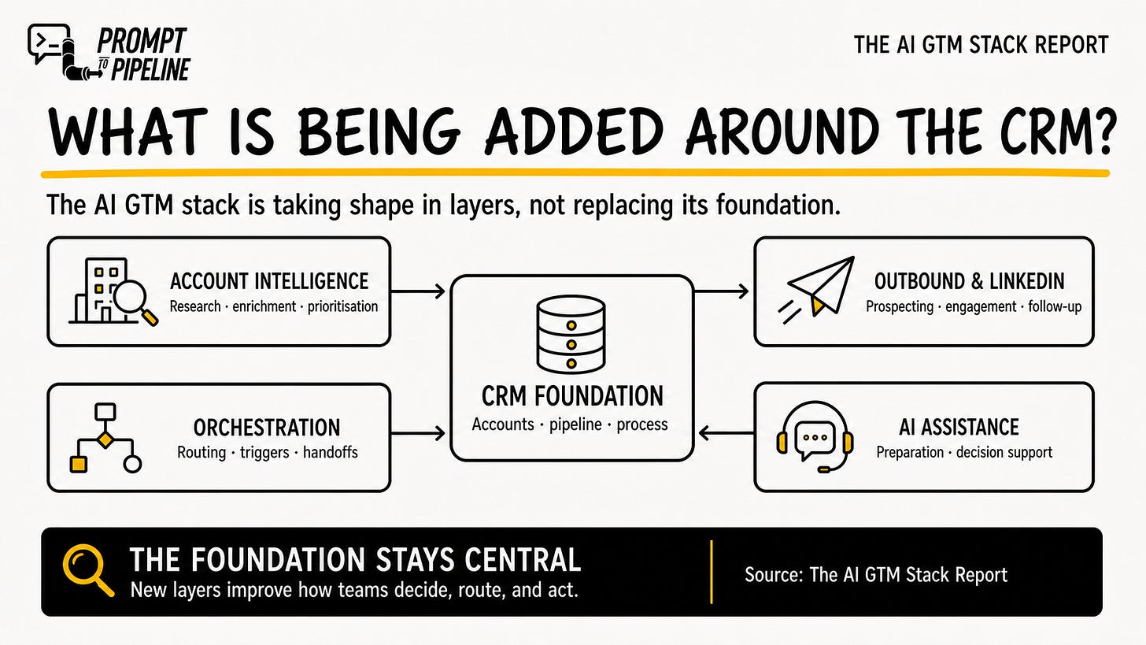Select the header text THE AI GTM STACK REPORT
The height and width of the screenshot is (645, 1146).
981,45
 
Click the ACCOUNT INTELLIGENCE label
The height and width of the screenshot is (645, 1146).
269,281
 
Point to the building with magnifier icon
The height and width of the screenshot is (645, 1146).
113,291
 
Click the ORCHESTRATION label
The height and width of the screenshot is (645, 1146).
267,428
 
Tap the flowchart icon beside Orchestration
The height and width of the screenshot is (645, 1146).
105,438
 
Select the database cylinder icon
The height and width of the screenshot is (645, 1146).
571,334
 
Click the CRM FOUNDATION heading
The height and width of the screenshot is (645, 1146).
572,395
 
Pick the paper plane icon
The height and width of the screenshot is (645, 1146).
817,289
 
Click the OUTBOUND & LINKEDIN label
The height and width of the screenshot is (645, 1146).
969,281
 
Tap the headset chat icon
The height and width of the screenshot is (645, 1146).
815,436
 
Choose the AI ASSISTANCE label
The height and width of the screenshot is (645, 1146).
959,427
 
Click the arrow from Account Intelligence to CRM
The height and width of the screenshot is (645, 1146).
418,291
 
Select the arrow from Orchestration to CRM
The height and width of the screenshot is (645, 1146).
418,434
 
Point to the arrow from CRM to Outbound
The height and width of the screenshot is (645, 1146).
721,291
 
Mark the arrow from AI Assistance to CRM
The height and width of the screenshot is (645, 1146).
726,433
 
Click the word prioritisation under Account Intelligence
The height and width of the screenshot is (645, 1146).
343,306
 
